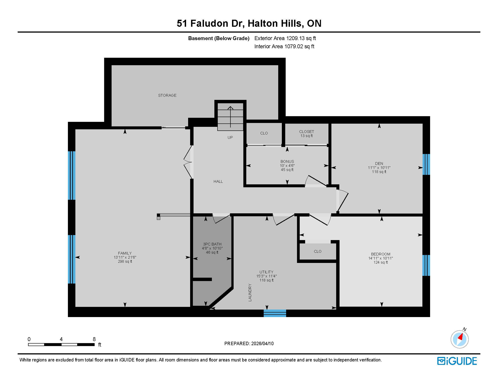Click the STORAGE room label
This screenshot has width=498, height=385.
[167, 95]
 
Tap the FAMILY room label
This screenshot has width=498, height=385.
[125, 253]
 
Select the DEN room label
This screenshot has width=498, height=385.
[379, 164]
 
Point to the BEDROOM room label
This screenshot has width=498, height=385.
[381, 254]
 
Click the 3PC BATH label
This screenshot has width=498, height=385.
[212, 244]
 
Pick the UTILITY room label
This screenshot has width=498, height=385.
[266, 272]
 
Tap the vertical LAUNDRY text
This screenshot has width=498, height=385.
[250, 292]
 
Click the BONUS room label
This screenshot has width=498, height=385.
[287, 162]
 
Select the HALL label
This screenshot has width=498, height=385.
[218, 181]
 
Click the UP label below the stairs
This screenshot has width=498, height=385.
[230, 137]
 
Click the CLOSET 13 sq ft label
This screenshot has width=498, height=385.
[306, 134]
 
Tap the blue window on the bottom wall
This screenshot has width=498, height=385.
[275, 313]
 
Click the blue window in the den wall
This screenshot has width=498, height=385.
[426, 164]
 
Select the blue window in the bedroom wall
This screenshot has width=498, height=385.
[426, 265]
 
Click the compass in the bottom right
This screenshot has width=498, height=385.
[459, 339]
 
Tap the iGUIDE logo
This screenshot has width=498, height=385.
[457, 361]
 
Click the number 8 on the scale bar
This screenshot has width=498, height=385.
[94, 339]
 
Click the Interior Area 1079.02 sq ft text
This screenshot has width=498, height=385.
[284, 46]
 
